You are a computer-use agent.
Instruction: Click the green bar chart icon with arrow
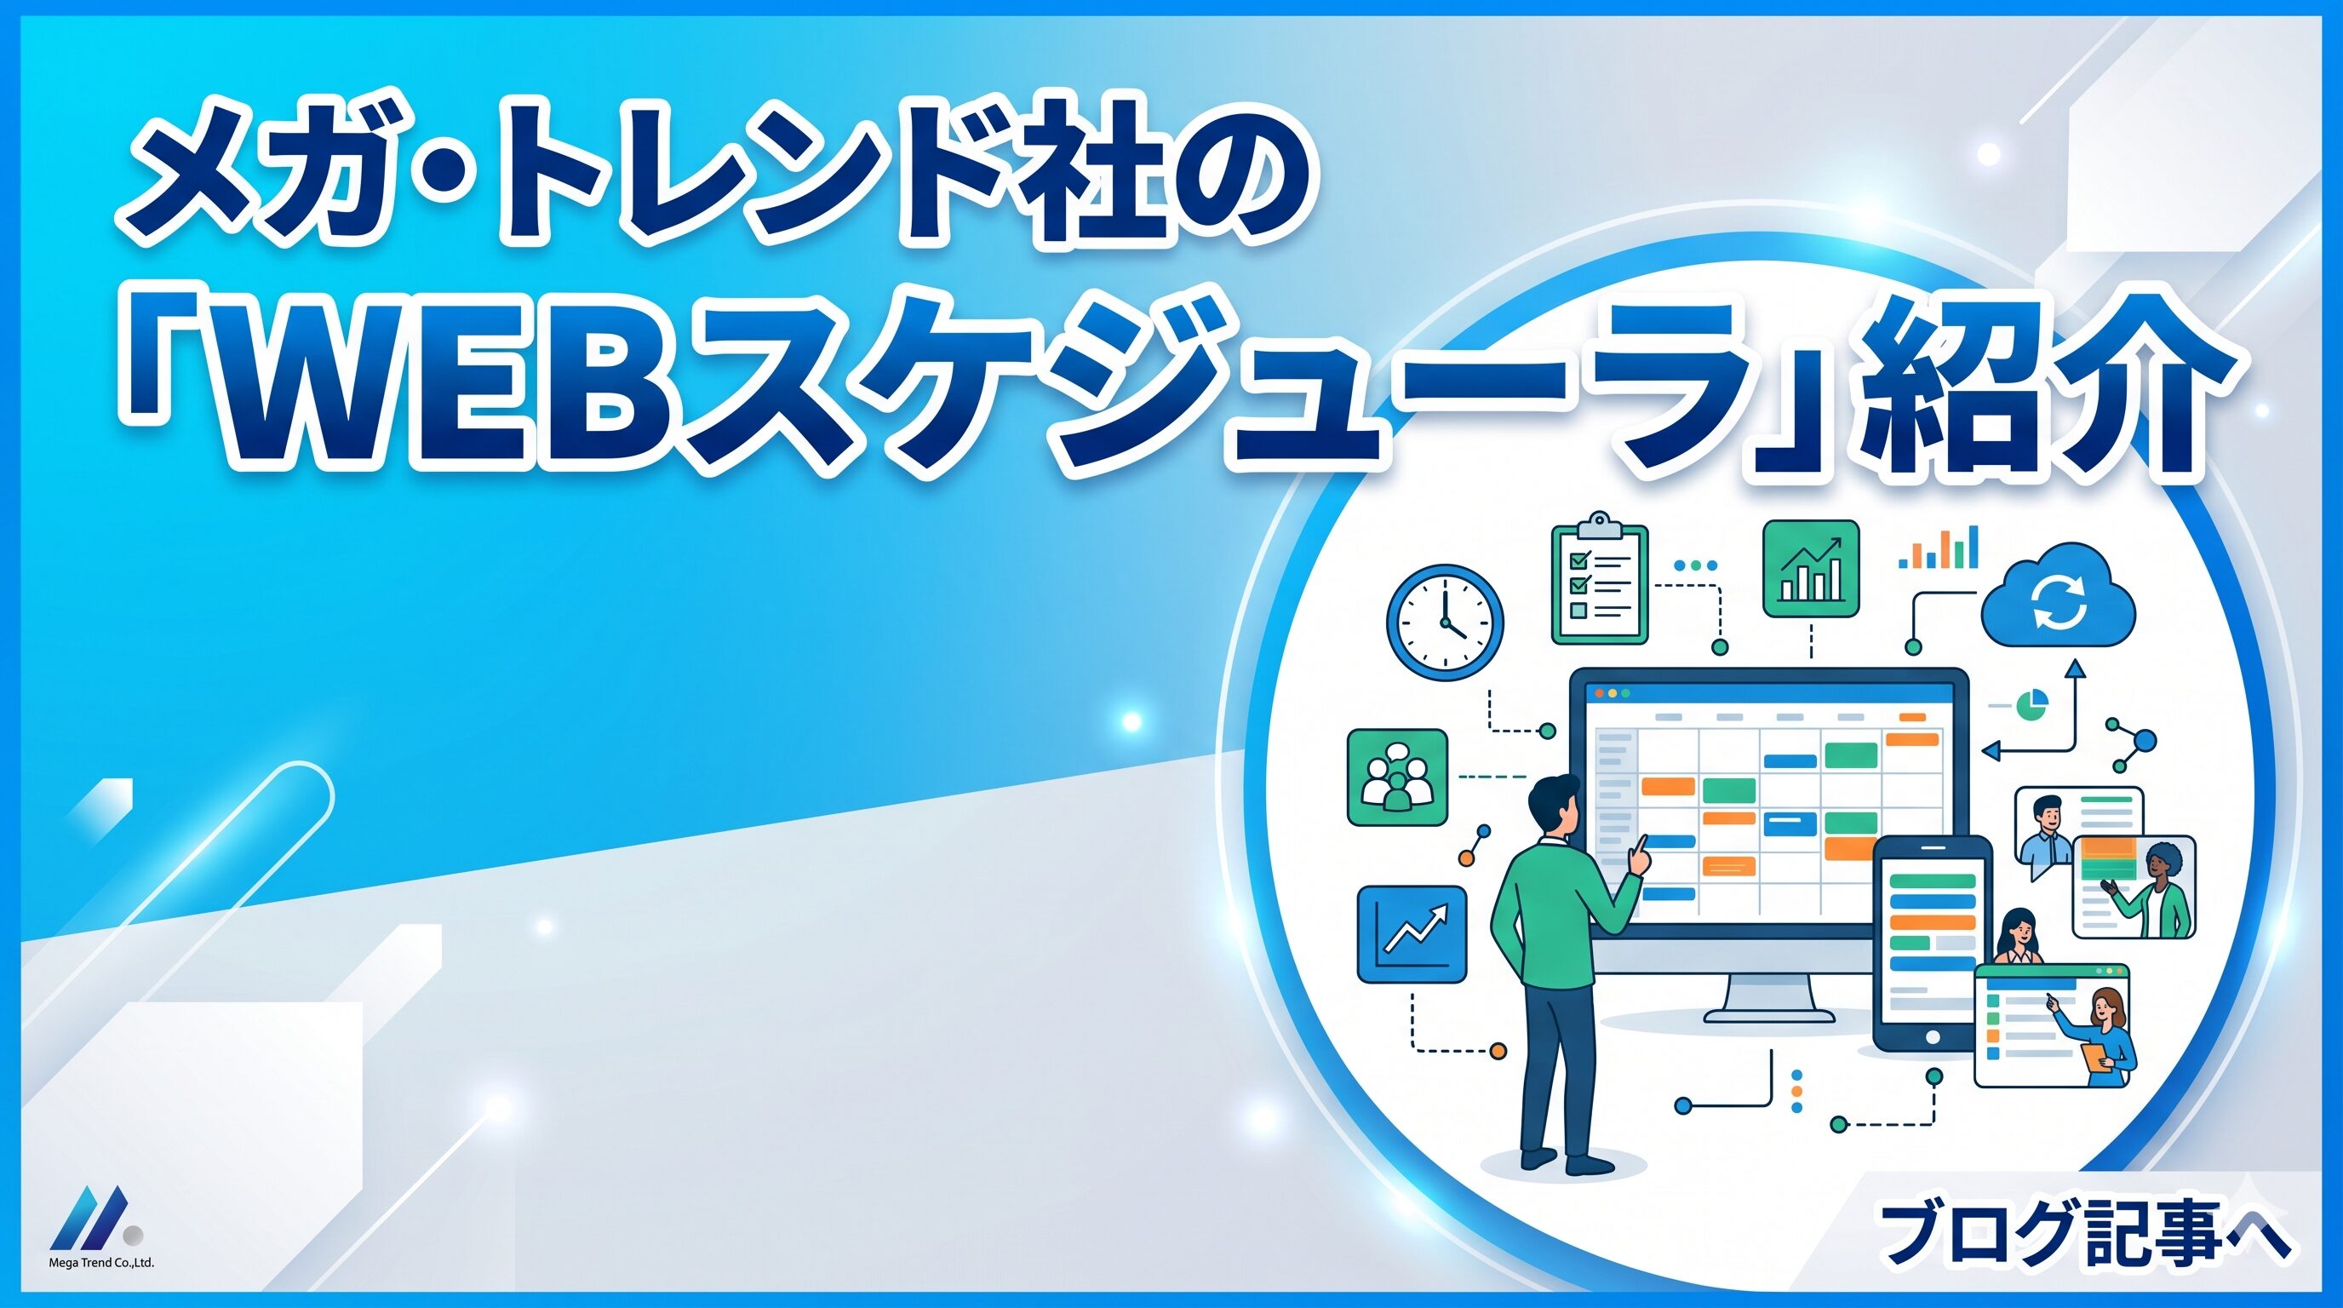pos(1810,569)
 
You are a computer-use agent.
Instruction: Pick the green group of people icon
pos(1396,777)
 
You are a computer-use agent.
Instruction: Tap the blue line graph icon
pos(1412,935)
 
